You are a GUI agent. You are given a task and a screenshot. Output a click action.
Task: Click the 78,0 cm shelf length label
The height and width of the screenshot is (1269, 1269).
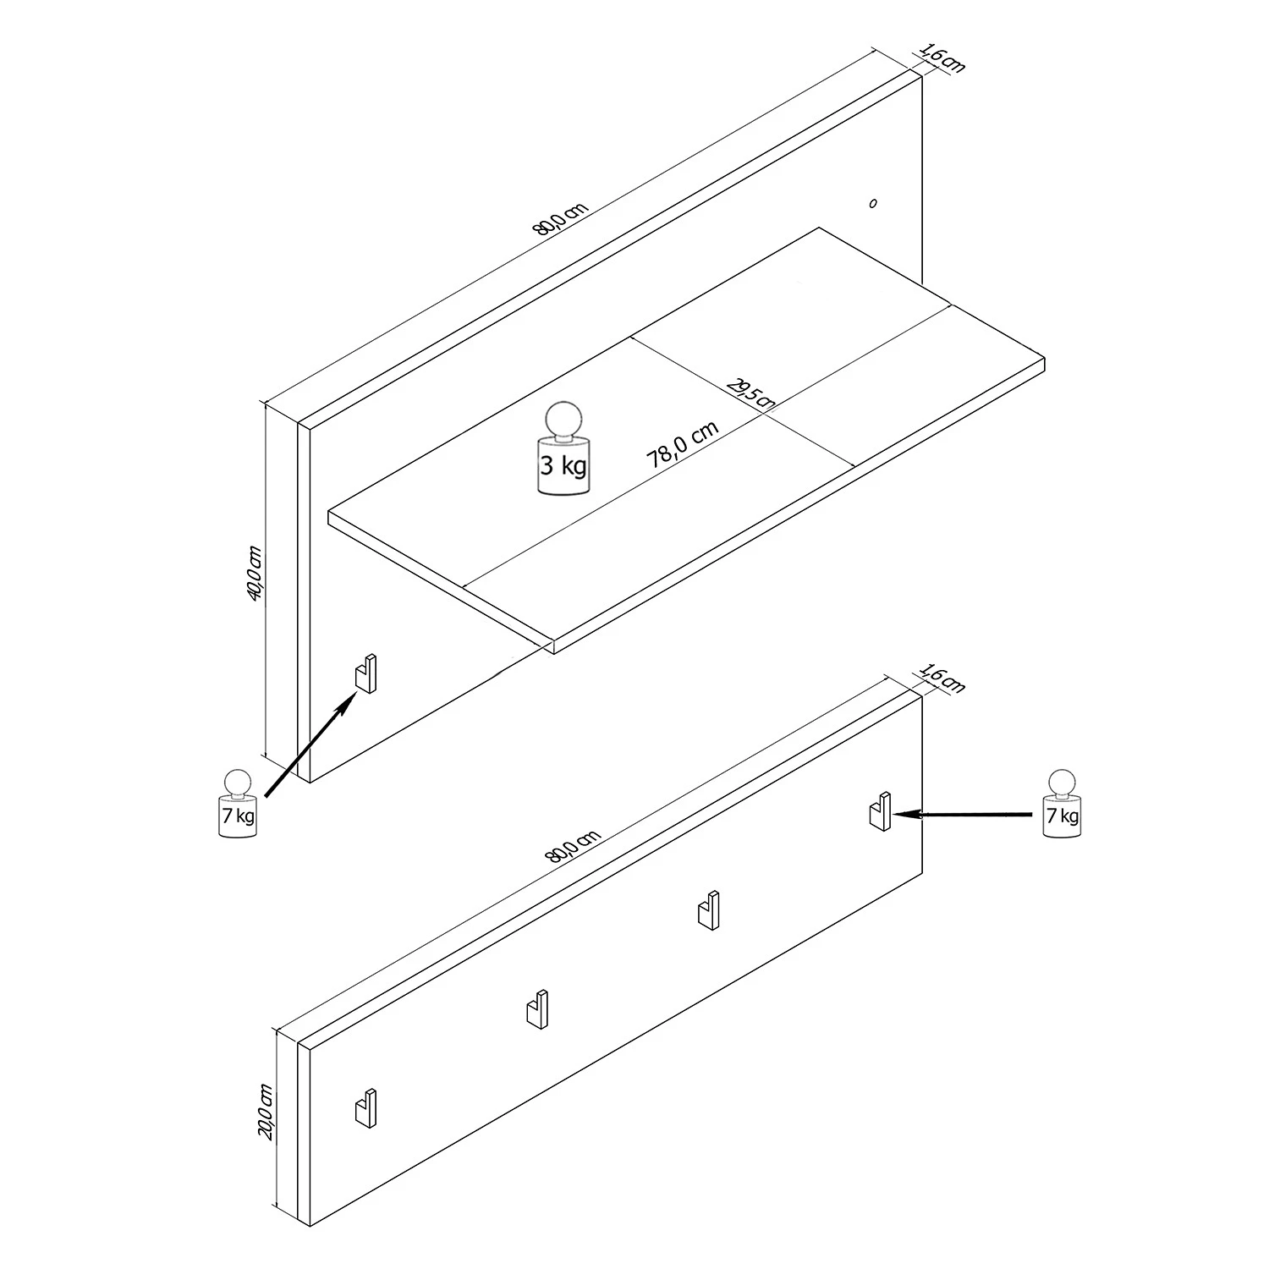point(682,446)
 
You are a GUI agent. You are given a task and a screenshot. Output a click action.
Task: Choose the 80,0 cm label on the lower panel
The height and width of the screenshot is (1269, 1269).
point(574,846)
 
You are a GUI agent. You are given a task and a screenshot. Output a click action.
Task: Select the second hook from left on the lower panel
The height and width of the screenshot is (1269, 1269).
point(536,1008)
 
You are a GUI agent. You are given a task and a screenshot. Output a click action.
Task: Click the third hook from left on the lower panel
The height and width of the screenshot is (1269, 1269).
point(708,909)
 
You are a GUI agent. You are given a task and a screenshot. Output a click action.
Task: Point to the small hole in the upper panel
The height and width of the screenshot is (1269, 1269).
point(873,203)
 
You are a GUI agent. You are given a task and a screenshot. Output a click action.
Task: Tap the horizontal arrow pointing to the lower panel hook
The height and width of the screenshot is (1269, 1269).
point(964,814)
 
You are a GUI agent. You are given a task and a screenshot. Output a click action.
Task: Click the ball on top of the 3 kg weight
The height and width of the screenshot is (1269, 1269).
point(563,420)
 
